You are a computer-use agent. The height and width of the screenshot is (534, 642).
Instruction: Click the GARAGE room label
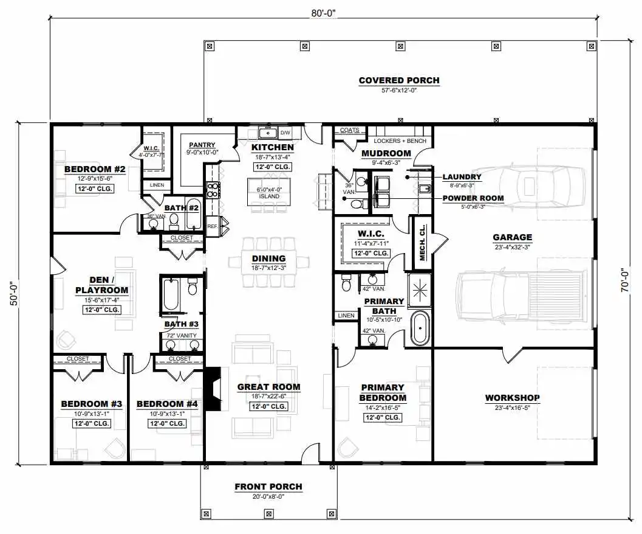[512, 237]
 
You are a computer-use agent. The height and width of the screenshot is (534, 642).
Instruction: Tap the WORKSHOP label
[512, 397]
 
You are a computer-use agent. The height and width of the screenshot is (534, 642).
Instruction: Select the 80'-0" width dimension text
[323, 13]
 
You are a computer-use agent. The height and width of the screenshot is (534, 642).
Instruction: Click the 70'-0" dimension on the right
[624, 280]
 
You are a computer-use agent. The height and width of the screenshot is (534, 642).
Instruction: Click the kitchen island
[269, 192]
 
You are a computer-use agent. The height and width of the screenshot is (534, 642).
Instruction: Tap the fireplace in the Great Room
[213, 387]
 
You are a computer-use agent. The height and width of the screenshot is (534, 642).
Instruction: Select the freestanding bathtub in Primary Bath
[420, 328]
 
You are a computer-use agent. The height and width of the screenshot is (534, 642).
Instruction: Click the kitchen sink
[268, 133]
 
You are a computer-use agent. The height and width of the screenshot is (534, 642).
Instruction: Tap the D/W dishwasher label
[285, 133]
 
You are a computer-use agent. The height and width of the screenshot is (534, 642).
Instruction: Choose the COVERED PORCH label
[399, 80]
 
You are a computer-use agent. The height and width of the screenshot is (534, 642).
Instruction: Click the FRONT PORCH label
[268, 487]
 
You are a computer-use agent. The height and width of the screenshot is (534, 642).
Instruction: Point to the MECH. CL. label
[423, 243]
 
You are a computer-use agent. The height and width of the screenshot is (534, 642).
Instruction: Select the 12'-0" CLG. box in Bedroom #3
[92, 423]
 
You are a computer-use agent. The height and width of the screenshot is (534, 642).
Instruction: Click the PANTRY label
[202, 145]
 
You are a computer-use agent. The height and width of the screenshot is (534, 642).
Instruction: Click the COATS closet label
[350, 130]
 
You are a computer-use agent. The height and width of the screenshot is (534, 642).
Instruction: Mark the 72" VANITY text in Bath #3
[182, 336]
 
